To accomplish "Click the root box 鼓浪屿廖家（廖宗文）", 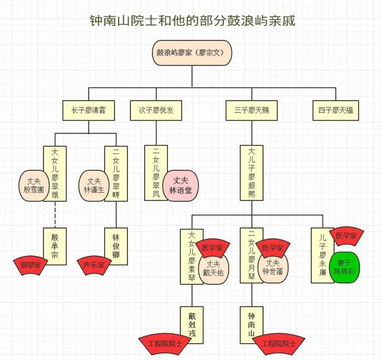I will [190, 53].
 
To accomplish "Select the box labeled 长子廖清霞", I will [88, 111].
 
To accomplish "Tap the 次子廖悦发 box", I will [155, 111].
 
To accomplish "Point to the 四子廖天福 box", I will [336, 111].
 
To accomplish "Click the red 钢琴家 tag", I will [31, 264].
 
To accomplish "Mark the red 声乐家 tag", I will [93, 264].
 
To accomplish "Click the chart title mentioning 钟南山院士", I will [190, 21].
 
